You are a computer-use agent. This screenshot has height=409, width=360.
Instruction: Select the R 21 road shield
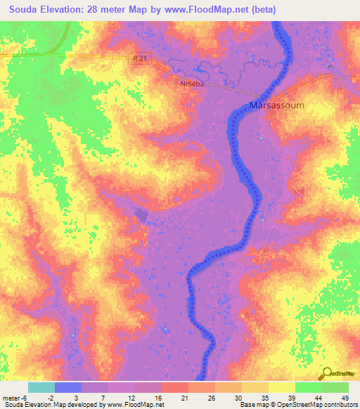[x=141, y=61]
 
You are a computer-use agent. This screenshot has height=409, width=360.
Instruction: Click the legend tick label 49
[x=344, y=396]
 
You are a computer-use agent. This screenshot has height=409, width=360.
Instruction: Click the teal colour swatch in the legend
[x=41, y=387]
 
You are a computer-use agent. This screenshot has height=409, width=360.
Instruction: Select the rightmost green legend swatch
[x=335, y=387]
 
